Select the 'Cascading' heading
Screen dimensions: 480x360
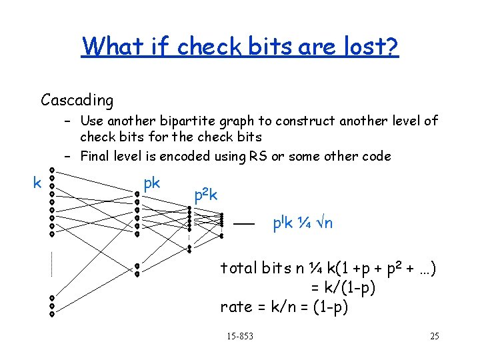[77, 101]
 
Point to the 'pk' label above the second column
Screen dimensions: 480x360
[151, 182]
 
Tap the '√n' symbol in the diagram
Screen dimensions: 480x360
[323, 223]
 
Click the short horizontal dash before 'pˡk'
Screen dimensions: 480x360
[243, 225]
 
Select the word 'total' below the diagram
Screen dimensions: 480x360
[239, 268]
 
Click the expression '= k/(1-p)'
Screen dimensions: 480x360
[343, 288]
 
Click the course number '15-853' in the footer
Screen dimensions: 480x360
[240, 336]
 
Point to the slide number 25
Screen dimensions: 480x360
[435, 336]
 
